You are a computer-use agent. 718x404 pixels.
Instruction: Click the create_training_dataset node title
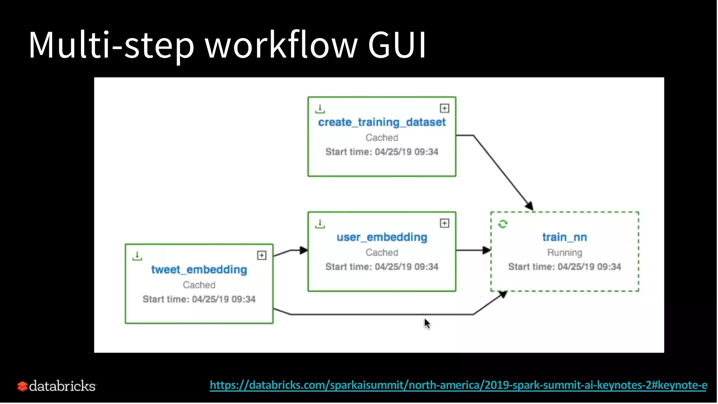(381, 122)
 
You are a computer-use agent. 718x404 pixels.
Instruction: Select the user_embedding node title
(381, 237)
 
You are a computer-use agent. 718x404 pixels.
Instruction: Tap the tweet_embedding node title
(199, 269)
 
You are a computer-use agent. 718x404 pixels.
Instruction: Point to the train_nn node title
(564, 237)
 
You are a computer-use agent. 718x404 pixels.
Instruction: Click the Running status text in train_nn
(564, 252)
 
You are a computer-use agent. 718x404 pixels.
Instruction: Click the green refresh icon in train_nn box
(503, 224)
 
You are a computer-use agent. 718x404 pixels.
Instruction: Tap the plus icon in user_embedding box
(444, 223)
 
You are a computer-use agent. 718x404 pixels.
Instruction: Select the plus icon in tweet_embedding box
(262, 255)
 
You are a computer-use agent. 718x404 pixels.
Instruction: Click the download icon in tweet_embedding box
(137, 256)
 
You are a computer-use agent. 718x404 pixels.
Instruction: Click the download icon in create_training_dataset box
(320, 109)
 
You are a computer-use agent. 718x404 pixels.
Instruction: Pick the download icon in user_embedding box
(320, 224)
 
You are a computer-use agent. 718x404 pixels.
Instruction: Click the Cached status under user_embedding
(381, 252)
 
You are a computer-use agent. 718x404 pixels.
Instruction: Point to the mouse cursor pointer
(427, 323)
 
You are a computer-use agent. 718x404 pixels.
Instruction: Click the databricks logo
(56, 386)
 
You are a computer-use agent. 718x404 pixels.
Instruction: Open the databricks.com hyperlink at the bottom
(458, 385)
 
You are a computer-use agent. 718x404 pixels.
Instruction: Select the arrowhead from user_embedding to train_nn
(487, 250)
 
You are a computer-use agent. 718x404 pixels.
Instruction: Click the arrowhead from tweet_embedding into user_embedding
(304, 250)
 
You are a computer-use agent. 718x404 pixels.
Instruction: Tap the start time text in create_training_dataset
(381, 152)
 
